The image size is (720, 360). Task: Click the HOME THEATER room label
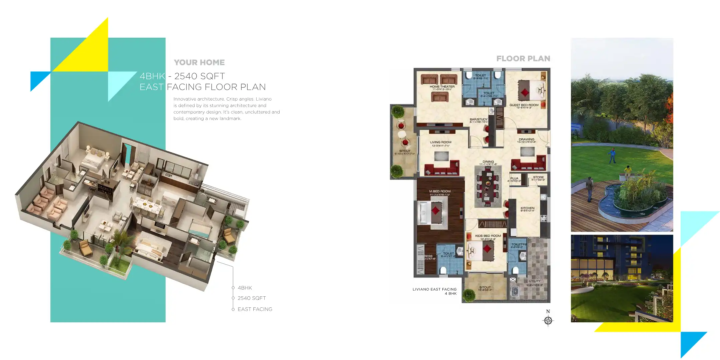(442, 87)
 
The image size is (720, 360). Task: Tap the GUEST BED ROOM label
(524, 105)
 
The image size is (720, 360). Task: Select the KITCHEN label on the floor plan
(527, 208)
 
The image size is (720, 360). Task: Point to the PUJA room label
(514, 178)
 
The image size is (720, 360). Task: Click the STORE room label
(538, 177)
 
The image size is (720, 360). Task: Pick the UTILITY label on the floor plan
(535, 281)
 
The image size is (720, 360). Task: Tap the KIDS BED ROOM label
(488, 236)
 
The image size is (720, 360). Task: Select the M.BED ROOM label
(440, 191)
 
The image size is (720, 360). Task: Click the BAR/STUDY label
(479, 119)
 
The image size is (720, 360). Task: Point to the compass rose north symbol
(548, 320)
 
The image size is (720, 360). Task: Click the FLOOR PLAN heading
(523, 59)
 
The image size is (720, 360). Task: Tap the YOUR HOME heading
(199, 62)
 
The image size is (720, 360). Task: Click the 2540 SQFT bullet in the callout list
(251, 298)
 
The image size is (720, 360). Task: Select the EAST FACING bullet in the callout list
(255, 309)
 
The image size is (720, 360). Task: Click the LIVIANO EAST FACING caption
(434, 289)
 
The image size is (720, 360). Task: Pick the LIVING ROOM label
(441, 142)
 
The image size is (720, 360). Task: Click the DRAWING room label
(526, 140)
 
